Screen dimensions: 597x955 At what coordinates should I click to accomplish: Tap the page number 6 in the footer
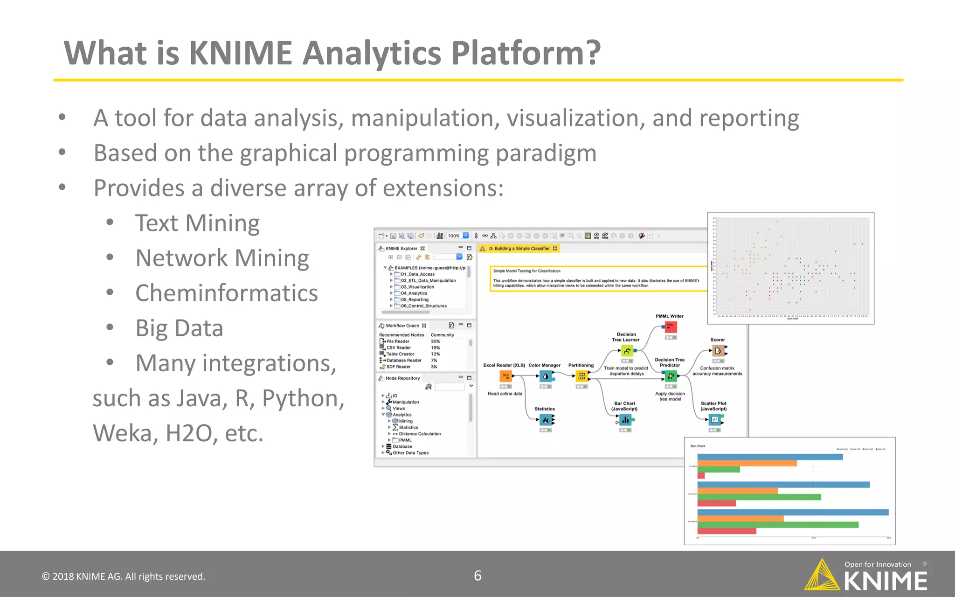tap(477, 576)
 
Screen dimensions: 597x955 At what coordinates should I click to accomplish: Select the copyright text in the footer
tap(124, 576)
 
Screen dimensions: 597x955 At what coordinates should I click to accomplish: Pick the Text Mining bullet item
tap(197, 223)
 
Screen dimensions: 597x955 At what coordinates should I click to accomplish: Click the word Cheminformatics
tap(227, 293)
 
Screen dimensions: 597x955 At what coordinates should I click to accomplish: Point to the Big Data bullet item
tap(179, 328)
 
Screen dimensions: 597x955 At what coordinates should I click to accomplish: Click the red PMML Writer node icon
tap(671, 326)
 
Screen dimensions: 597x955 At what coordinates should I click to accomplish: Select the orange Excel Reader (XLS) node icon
tap(505, 376)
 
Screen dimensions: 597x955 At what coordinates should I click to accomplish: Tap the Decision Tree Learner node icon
tap(627, 351)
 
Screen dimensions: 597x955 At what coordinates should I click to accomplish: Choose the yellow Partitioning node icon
tap(581, 376)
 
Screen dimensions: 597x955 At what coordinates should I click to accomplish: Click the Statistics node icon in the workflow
tap(545, 420)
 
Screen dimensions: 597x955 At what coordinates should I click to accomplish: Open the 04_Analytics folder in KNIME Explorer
tap(414, 293)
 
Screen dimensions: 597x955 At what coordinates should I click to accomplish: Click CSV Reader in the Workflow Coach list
tap(399, 347)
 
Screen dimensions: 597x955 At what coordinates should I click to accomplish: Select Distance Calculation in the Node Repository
tap(420, 434)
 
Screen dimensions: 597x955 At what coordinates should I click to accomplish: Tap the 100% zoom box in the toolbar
tap(454, 236)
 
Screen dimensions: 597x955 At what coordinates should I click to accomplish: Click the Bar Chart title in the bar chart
tap(698, 446)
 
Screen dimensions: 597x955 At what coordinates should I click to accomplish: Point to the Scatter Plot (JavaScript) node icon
tap(715, 420)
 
